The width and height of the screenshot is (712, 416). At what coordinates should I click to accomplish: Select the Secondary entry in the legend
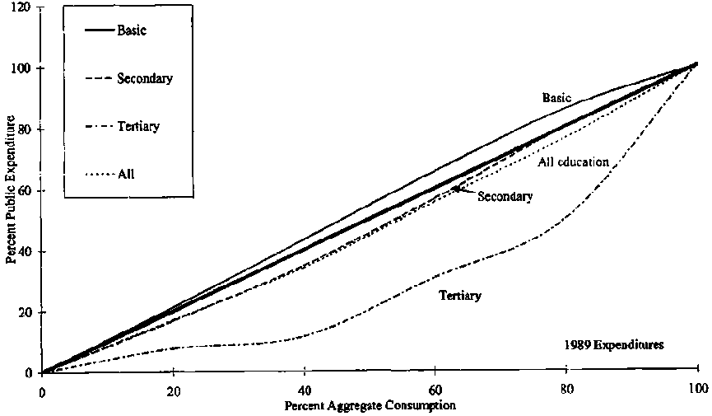[144, 79]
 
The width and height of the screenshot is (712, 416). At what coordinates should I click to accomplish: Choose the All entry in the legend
[126, 174]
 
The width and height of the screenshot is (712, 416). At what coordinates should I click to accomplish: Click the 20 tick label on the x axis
[173, 391]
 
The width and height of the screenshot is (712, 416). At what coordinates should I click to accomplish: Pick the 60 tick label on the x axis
[435, 391]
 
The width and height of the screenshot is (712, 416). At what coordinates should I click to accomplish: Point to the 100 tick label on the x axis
[697, 391]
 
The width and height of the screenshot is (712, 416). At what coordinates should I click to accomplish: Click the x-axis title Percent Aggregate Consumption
[370, 406]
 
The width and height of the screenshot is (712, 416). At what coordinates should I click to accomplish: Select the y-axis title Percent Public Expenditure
[11, 189]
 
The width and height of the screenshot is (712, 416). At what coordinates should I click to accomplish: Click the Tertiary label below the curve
[460, 294]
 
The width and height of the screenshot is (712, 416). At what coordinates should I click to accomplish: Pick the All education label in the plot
[573, 161]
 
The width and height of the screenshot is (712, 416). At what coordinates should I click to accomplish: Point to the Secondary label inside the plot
[505, 196]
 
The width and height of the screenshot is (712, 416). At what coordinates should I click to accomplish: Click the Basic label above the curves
[556, 97]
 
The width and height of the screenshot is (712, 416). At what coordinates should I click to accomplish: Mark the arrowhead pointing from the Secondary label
[455, 189]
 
